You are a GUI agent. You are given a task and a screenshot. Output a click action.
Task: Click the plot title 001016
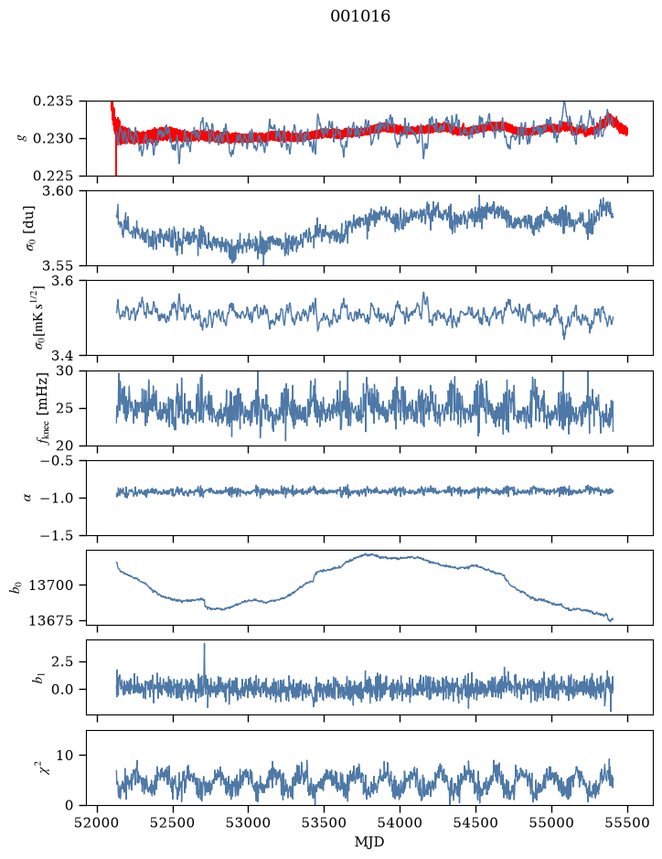tap(360, 16)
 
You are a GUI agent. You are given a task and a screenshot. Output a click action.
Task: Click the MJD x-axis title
tap(369, 842)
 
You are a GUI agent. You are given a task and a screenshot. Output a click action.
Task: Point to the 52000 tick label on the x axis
tap(98, 822)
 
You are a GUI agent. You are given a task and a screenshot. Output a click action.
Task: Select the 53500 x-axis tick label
tap(325, 822)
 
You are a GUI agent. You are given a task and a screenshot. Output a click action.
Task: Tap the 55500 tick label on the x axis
tap(627, 822)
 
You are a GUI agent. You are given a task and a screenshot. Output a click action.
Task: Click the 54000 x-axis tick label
tap(400, 822)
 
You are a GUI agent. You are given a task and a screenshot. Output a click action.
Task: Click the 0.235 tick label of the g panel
tap(52, 102)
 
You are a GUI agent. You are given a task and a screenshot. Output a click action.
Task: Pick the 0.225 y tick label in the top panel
tap(52, 176)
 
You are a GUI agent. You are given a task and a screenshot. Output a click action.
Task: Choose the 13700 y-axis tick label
tap(50, 585)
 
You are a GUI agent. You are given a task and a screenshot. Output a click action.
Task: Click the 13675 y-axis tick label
tap(50, 620)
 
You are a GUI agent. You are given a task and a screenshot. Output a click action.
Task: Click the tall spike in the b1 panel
tap(204, 660)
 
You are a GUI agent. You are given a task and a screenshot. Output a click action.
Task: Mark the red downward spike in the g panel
tap(116, 156)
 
